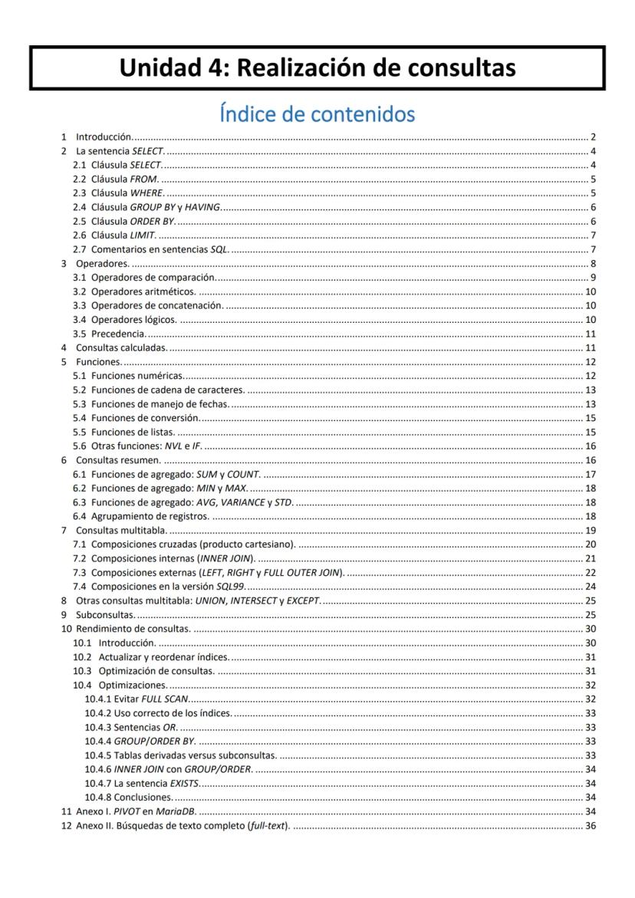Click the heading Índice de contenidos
[x=317, y=114]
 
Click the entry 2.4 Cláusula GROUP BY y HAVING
[x=156, y=207]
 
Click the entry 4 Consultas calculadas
[x=121, y=347]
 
